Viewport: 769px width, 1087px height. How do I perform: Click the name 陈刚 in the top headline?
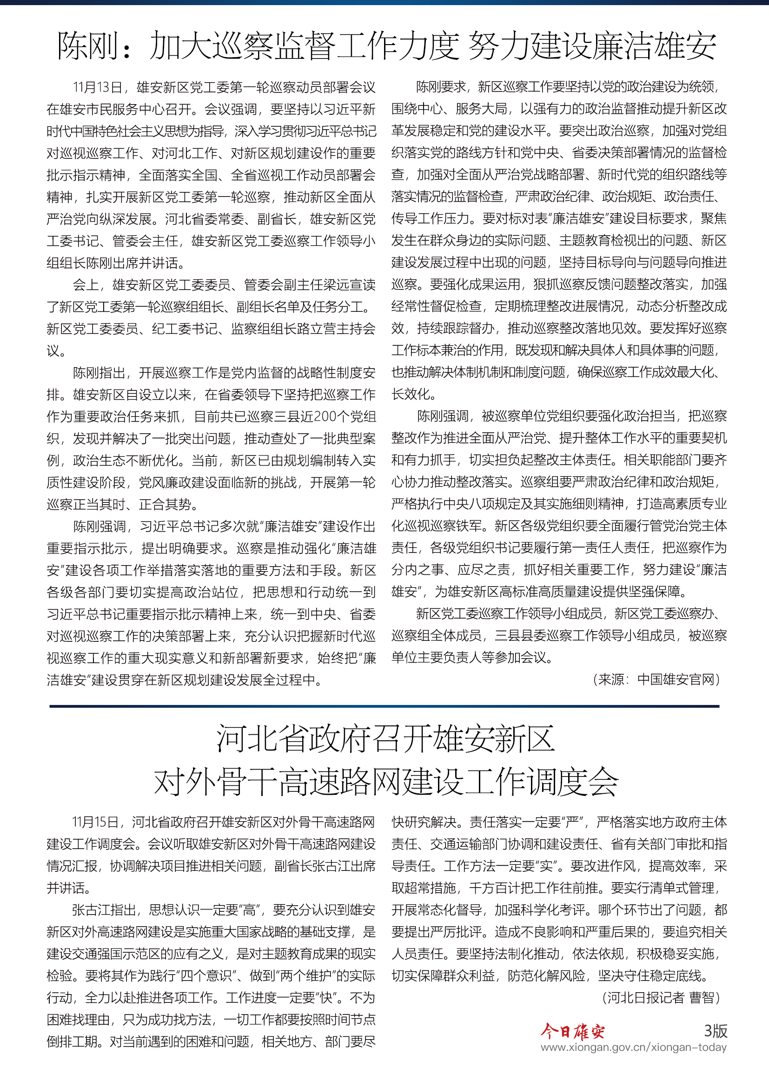pos(87,46)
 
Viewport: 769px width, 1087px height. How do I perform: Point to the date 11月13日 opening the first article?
pos(97,87)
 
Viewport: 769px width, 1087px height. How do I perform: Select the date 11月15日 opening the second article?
pos(95,822)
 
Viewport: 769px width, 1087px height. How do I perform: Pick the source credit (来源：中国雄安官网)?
pos(656,680)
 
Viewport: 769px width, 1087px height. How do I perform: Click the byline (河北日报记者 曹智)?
pos(661,998)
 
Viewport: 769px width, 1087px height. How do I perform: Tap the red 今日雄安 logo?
pos(572,1031)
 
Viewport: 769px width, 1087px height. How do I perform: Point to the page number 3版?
pos(715,1031)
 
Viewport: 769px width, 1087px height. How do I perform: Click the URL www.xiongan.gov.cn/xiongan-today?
pos(634,1047)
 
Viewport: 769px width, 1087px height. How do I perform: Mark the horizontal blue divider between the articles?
pos(384,706)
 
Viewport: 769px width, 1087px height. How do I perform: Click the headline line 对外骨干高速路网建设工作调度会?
pos(386,782)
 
